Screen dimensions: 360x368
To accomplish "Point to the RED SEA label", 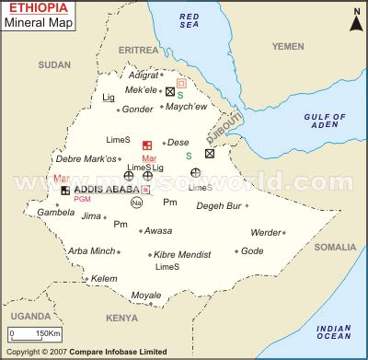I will point(190,21).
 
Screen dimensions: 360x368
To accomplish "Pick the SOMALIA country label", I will point(334,247).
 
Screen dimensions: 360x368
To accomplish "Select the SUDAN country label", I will point(54,65).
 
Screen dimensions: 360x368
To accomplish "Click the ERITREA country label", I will point(138,49).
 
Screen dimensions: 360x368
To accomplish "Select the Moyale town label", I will point(145,296).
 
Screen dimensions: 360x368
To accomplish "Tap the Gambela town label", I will point(55,212).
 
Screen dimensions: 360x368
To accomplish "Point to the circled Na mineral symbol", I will point(137,203).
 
